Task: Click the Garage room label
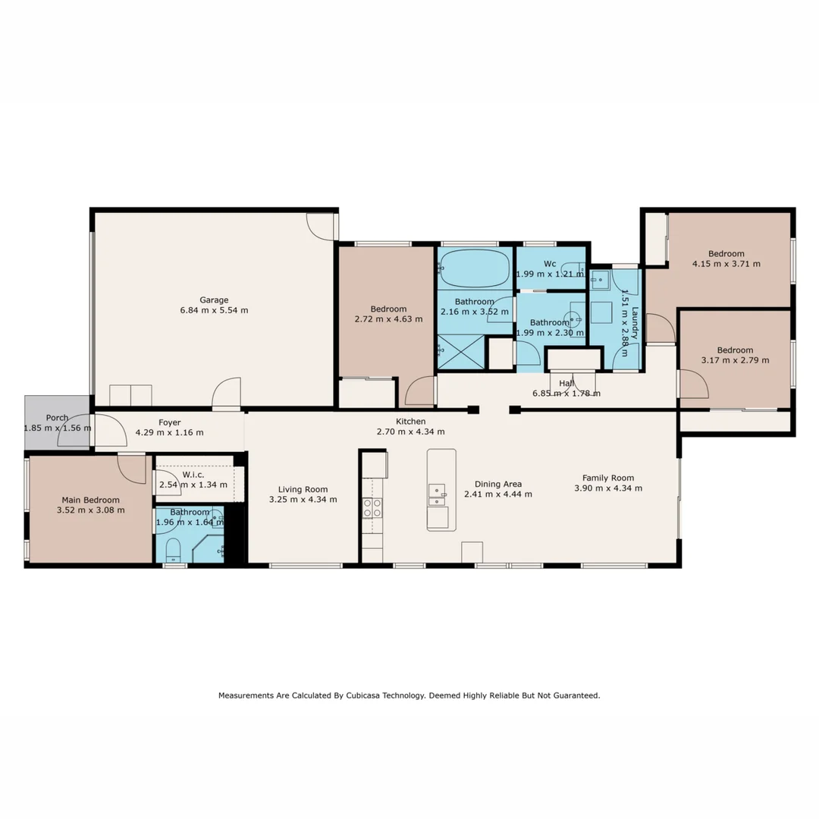(214, 300)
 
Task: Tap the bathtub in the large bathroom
(475, 268)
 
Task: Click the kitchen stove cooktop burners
(372, 507)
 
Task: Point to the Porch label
(57, 418)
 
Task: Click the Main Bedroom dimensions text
(90, 510)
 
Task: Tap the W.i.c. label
(193, 474)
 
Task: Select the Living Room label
(303, 489)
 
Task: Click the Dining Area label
(497, 484)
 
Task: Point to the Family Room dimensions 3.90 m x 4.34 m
(608, 488)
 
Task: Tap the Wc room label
(550, 264)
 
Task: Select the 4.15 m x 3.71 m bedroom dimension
(726, 264)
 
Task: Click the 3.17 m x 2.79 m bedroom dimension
(735, 360)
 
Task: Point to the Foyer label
(169, 422)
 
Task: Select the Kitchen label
(410, 422)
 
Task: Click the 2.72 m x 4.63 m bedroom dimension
(388, 319)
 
